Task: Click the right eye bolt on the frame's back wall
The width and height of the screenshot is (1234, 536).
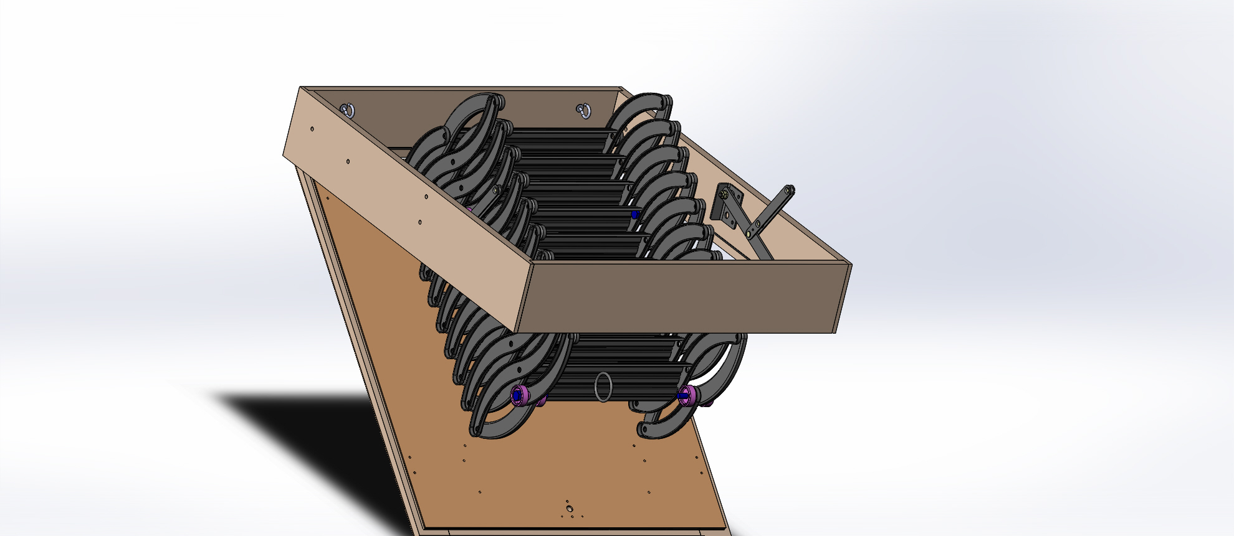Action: (583, 111)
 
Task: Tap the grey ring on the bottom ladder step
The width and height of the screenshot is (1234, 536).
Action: (603, 387)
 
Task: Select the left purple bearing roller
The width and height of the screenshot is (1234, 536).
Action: (519, 395)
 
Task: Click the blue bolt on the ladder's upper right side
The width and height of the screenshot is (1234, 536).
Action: (635, 215)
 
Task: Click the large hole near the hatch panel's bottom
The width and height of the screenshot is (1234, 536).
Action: (569, 508)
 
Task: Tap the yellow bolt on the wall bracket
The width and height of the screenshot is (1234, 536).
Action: (722, 194)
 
